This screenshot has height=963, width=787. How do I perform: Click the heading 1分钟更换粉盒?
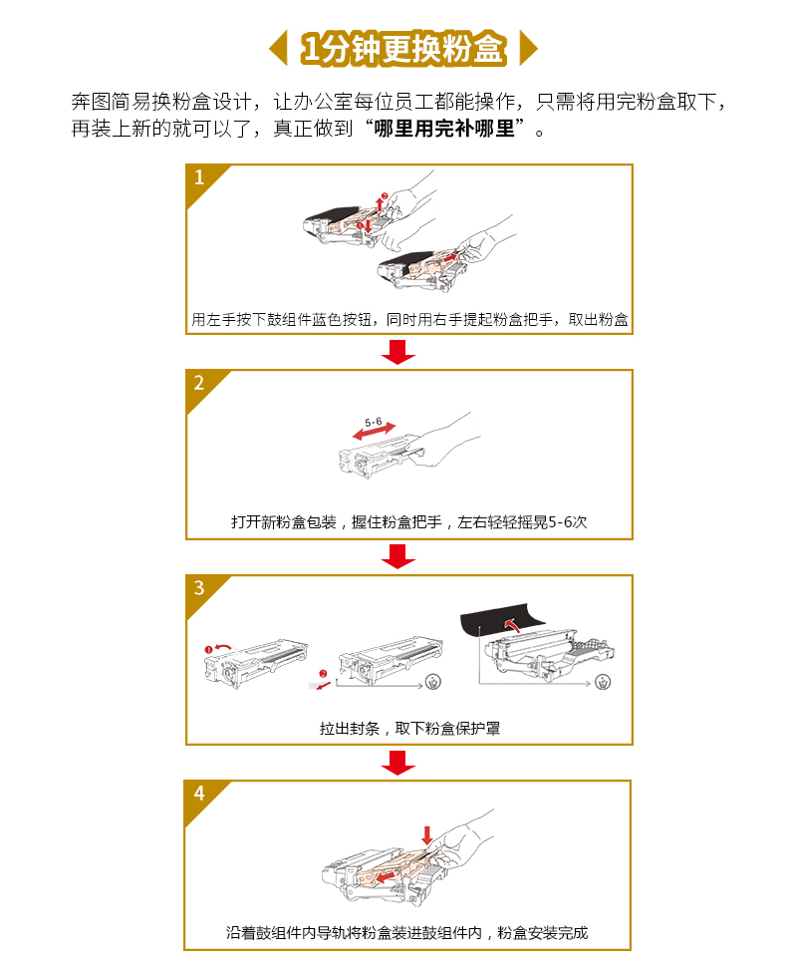click(x=403, y=48)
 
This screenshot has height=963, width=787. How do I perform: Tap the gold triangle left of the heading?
click(x=280, y=48)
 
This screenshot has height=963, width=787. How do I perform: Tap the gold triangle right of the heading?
click(x=527, y=48)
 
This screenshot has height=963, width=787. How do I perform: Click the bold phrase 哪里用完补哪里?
click(x=444, y=129)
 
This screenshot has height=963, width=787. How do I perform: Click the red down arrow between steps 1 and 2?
click(x=398, y=351)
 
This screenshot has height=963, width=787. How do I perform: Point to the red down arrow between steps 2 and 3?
click(x=398, y=556)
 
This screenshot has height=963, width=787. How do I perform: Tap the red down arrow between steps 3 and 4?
click(x=398, y=762)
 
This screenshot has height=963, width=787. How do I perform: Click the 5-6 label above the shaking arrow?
click(x=374, y=422)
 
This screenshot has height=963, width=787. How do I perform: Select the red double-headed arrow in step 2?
click(x=374, y=432)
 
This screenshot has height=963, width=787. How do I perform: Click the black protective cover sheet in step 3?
click(x=500, y=620)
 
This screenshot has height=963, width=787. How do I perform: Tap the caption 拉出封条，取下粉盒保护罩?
click(x=410, y=729)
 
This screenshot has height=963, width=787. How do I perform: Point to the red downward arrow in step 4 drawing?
click(x=427, y=835)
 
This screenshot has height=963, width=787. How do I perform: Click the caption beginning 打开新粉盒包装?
click(x=408, y=522)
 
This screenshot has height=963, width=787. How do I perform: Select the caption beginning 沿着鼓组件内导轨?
click(x=407, y=933)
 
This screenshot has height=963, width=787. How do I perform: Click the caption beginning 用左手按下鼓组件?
click(x=409, y=319)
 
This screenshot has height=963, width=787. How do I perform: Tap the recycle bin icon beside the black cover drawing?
click(x=603, y=682)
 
